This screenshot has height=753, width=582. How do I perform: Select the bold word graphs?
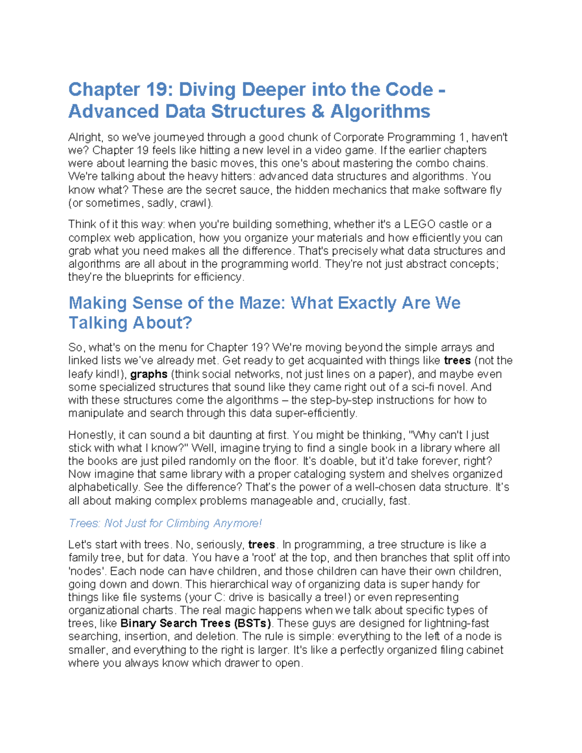point(149,374)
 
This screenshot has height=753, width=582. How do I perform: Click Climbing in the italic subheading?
point(188,523)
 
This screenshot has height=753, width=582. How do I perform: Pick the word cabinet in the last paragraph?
point(485,650)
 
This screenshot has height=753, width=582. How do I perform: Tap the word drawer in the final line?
point(243,663)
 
